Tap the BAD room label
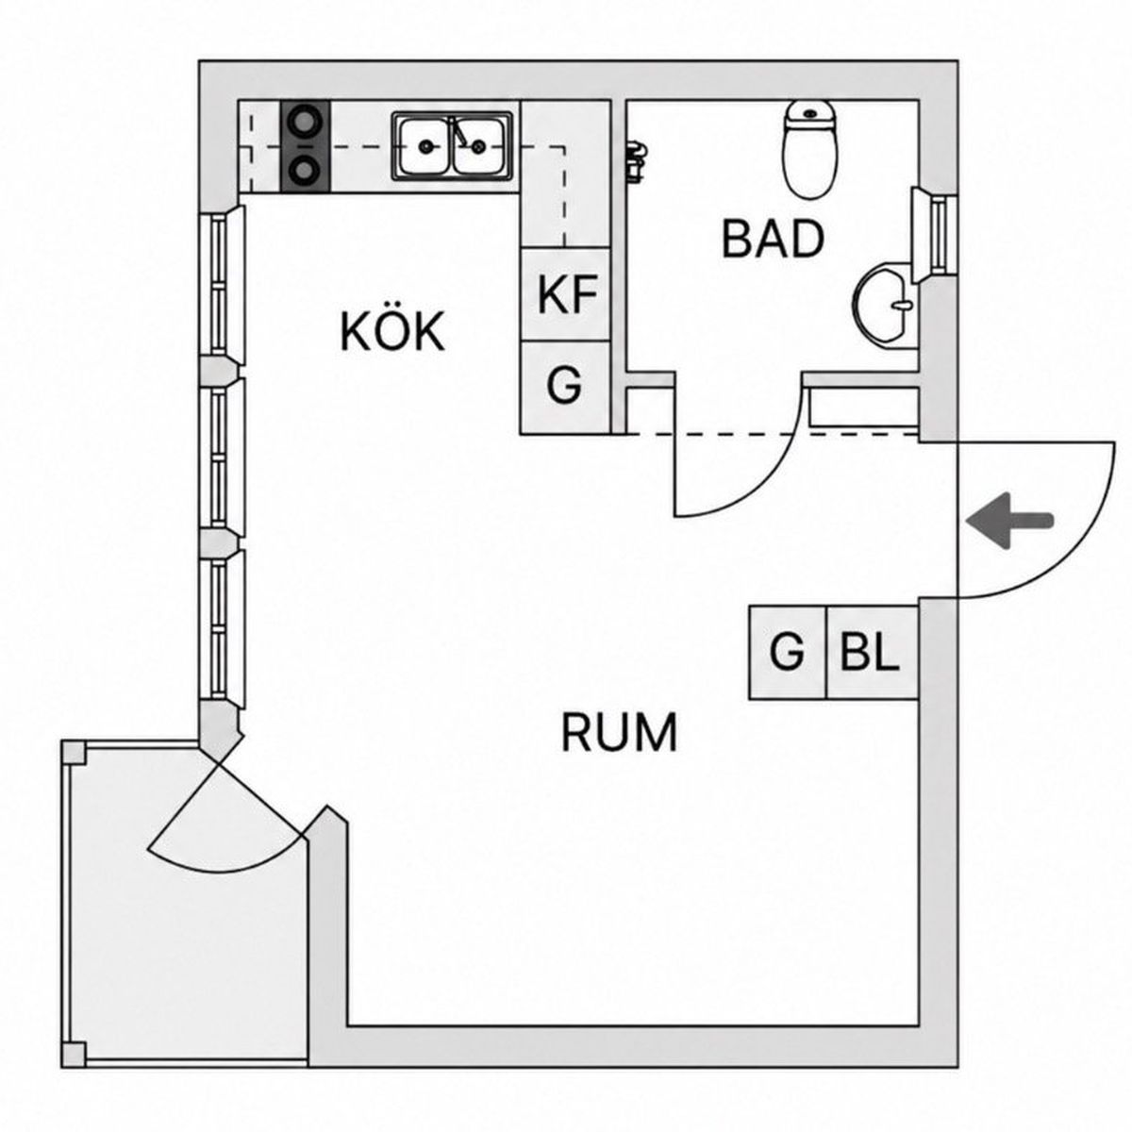coord(772,239)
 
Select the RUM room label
coord(619,732)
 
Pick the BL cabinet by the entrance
coord(872,653)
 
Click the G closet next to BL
coord(788,653)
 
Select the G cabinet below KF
coord(565,388)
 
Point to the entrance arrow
coord(1009,521)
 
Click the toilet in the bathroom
coord(810,149)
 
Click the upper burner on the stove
coord(305,122)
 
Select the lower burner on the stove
coord(305,171)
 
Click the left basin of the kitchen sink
coord(424,146)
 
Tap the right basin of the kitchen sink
coord(479,146)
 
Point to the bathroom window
coord(934,234)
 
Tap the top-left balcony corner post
coord(74,753)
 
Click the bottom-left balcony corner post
coord(74,1055)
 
